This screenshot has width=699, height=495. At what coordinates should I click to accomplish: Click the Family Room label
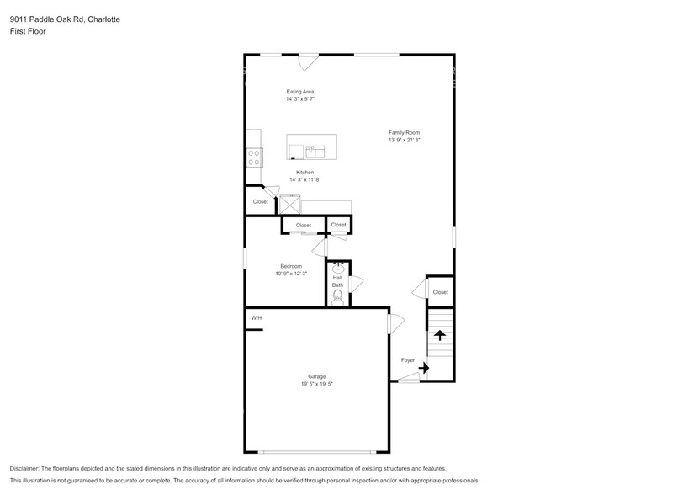(x=404, y=132)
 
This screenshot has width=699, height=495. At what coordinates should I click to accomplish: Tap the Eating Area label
(x=300, y=92)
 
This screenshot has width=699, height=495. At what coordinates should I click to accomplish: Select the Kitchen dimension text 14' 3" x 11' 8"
(x=305, y=180)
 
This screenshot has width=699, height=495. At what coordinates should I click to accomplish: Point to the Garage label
(x=316, y=376)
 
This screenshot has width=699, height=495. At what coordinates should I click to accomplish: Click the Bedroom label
(x=291, y=266)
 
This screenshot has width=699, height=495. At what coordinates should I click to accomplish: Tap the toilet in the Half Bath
(x=338, y=297)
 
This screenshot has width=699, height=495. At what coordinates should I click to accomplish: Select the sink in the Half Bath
(x=338, y=268)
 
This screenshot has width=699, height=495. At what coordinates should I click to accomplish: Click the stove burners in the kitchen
(x=254, y=157)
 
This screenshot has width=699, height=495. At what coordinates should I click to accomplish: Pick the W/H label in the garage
(x=257, y=318)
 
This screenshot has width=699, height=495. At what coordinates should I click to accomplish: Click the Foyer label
(x=408, y=360)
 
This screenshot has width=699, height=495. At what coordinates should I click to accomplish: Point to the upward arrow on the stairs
(x=440, y=335)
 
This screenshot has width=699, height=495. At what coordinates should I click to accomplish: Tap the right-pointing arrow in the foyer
(x=424, y=368)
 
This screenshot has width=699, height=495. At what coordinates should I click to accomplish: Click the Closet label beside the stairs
(x=441, y=292)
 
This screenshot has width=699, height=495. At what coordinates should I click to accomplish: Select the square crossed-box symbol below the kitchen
(x=289, y=205)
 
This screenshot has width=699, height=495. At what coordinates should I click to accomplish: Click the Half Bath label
(x=337, y=281)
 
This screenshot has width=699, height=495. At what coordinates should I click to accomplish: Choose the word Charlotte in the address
(x=103, y=19)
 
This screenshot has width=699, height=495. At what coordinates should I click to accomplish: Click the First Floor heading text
(x=28, y=31)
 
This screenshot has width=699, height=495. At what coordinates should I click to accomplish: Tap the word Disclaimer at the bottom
(x=24, y=469)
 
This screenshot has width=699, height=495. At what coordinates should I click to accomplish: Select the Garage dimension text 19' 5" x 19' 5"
(x=317, y=384)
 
